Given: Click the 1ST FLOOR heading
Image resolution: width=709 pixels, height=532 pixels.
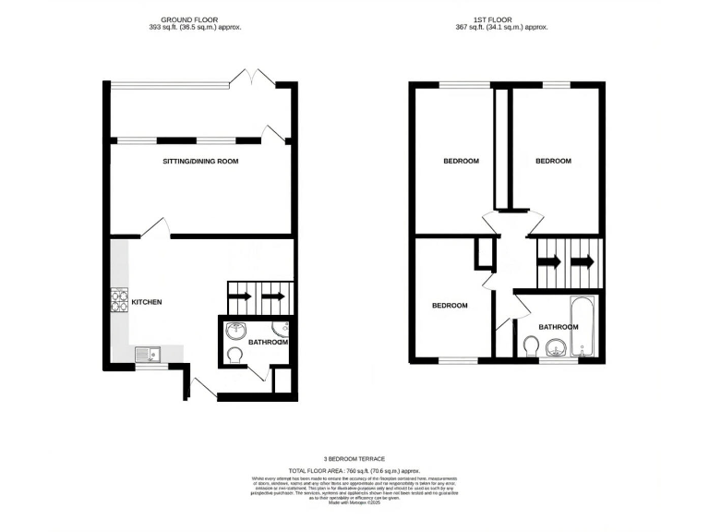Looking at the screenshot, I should coord(508,18).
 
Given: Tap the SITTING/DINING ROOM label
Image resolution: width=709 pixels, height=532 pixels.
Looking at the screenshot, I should coord(200,162).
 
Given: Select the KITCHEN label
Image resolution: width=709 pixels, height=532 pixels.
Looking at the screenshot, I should coord(147,302).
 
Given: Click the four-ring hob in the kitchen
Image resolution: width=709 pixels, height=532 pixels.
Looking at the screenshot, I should coord(119,300).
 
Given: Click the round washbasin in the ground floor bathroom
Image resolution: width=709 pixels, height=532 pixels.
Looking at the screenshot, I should coord(237,331).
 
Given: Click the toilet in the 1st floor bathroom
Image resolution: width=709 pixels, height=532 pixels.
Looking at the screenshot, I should coord(531,346).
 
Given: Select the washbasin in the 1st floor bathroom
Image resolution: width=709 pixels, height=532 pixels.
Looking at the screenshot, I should coord(556,348).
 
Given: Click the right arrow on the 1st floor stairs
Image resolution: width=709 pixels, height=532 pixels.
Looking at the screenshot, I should coord(582,261).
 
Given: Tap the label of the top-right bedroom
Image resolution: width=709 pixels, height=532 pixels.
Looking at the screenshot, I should coord(554,161).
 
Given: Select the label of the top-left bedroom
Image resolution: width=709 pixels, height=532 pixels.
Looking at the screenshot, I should coord(462,162).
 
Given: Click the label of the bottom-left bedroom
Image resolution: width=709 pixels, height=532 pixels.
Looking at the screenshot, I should coord(450,306).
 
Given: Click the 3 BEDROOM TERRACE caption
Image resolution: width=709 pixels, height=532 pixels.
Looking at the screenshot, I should coord(354,459).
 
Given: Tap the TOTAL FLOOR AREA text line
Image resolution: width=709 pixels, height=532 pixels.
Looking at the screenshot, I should coord(354,470).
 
